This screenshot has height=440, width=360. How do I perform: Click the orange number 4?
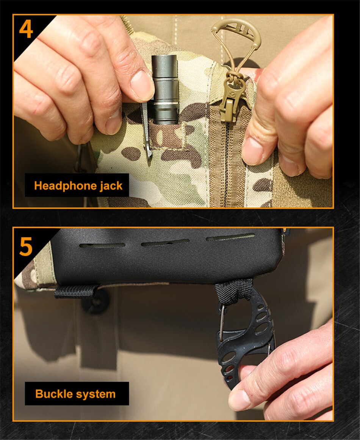tap(26, 29)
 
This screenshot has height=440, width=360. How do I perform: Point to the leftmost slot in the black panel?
tap(102, 245)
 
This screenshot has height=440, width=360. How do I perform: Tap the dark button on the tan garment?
tap(95, 302)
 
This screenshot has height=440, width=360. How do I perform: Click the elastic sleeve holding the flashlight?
tap(166, 135)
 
